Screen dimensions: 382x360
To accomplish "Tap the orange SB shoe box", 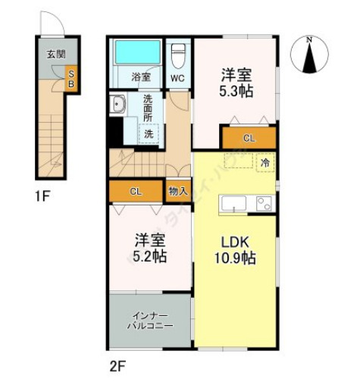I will point(70,77).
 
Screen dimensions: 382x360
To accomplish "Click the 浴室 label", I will point(141,77).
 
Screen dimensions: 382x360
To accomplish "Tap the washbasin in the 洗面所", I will point(119,105).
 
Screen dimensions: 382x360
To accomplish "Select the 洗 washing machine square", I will point(149,133).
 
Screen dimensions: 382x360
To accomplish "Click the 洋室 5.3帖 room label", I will point(236,83).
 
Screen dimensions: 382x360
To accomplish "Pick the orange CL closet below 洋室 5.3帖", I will point(248,139).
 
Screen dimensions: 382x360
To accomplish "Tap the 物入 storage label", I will point(179,192).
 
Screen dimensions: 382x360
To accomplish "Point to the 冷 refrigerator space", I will point(265,162).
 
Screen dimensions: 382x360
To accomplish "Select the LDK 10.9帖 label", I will point(236,250).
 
